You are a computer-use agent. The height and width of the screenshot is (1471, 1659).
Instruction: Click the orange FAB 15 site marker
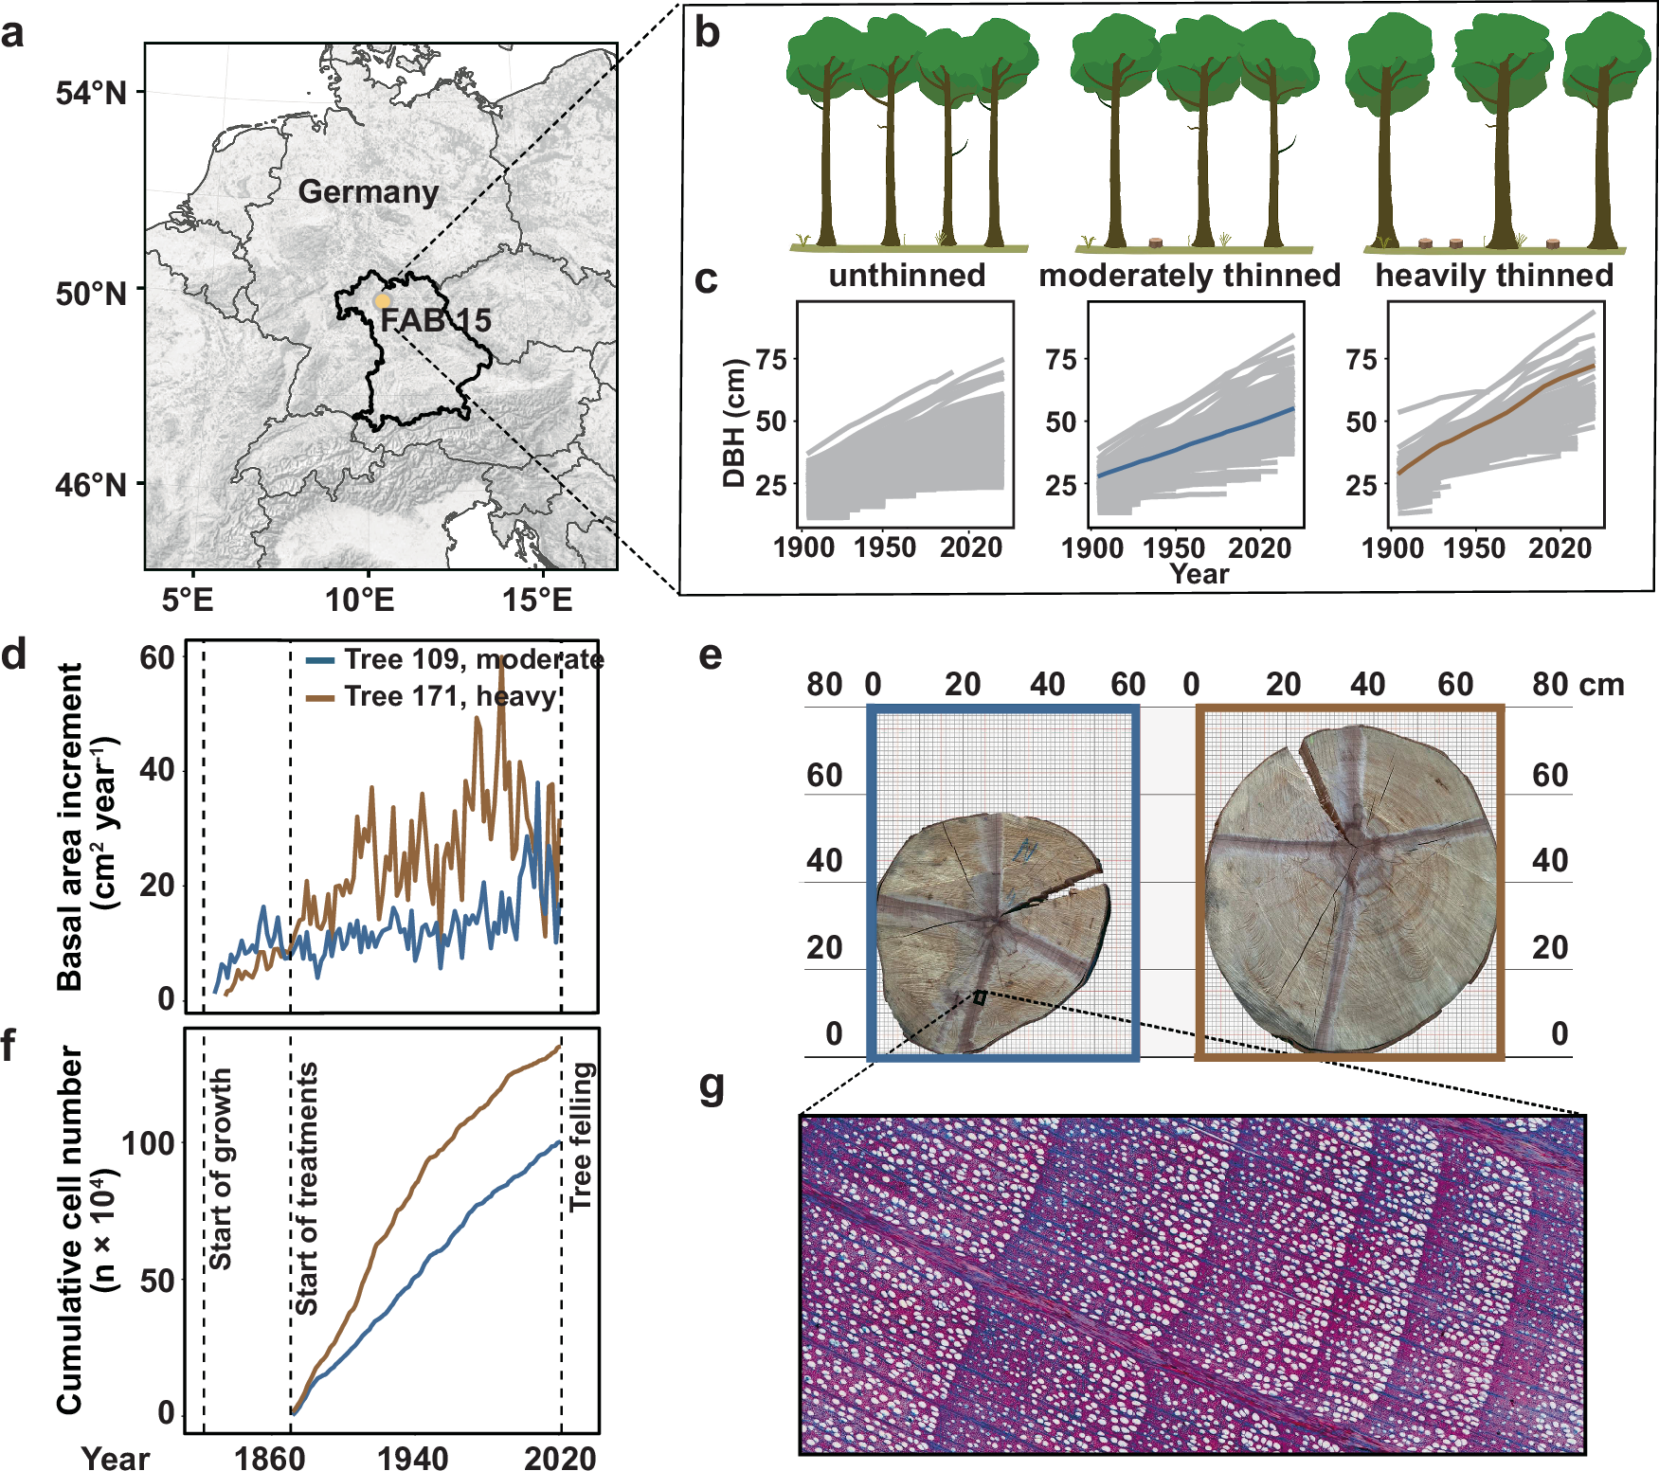[x=382, y=301]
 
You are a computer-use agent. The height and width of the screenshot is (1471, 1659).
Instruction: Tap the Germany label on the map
[x=369, y=192]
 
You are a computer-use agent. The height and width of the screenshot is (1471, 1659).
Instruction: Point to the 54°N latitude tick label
[x=90, y=94]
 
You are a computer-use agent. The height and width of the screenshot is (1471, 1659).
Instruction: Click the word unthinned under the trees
[x=907, y=276]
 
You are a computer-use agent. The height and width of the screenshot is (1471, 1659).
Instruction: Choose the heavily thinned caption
[x=1494, y=276]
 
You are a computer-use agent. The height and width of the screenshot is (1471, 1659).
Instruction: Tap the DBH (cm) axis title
[x=734, y=422]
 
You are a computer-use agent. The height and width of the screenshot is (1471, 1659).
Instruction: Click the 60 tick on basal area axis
[x=157, y=658]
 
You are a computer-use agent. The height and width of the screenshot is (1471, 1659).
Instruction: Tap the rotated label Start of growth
[x=220, y=1169]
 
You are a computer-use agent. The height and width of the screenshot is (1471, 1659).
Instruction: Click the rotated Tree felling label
[x=580, y=1137]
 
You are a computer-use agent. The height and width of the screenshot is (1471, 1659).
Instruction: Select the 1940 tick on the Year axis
[x=413, y=1458]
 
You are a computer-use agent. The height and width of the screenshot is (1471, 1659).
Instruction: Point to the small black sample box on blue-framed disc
[x=980, y=997]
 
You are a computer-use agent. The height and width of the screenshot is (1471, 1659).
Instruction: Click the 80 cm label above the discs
[x=1578, y=684]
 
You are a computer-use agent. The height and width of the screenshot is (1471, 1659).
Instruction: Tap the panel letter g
[x=712, y=1086]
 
